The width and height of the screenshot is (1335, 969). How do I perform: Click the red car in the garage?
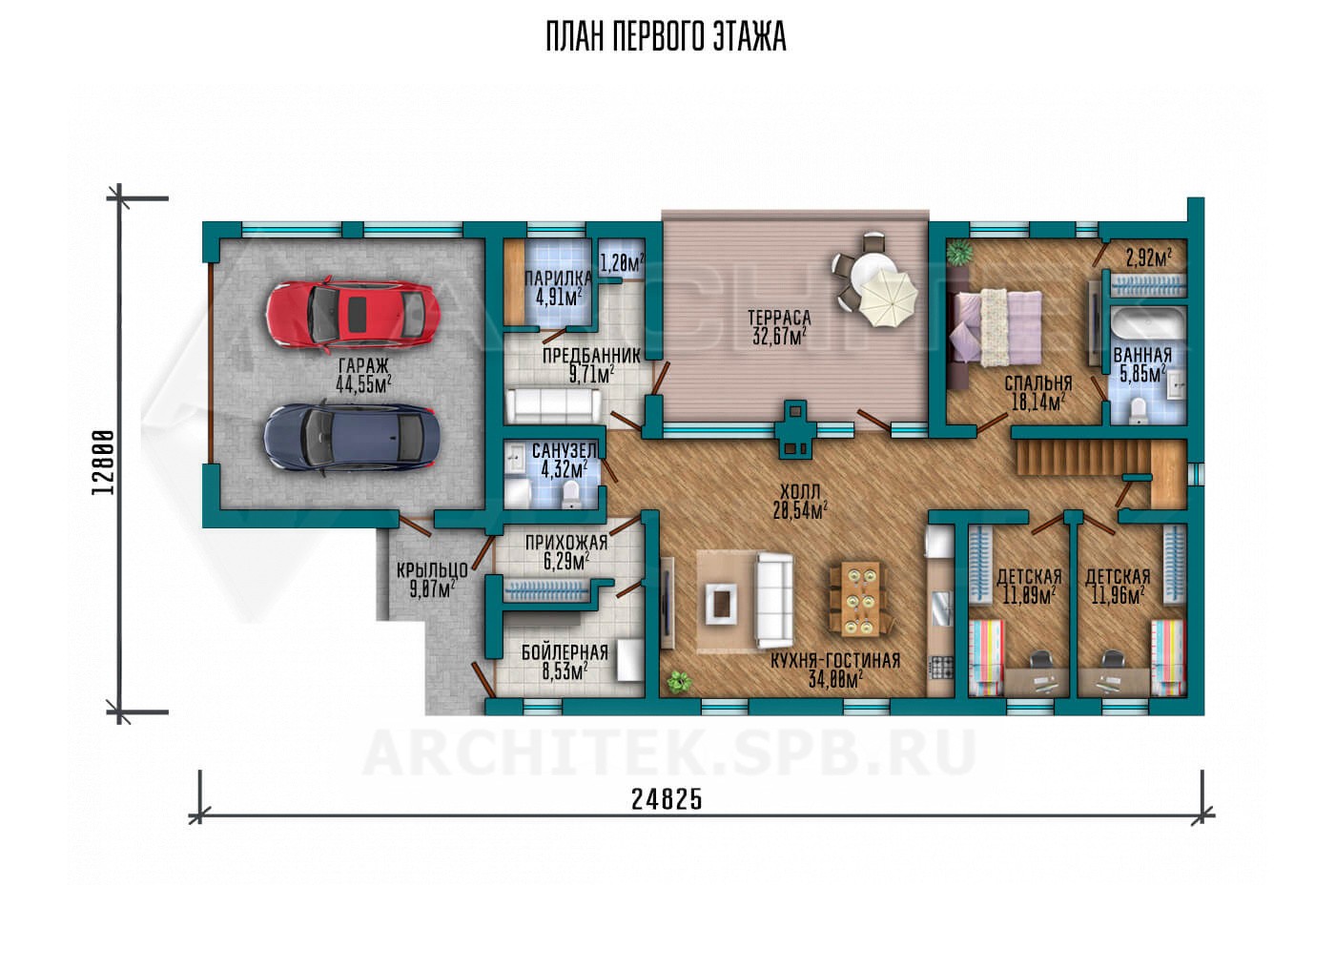353,315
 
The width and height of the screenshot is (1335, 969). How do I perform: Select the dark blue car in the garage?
352,438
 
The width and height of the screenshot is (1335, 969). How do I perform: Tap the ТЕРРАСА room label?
780,318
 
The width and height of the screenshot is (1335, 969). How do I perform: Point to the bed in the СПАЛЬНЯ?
996,327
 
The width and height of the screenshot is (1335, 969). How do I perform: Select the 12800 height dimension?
103,462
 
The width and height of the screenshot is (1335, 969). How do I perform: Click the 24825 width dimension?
667,800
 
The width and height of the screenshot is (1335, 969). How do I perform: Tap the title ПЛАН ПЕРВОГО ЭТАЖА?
667,36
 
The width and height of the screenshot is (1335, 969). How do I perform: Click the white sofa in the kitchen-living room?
774,601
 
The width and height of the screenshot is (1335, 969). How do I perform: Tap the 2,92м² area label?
1148,258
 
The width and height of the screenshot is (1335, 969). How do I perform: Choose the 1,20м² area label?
622,262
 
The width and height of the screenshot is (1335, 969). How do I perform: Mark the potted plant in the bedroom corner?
959,253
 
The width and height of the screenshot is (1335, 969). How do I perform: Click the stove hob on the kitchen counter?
941,668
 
